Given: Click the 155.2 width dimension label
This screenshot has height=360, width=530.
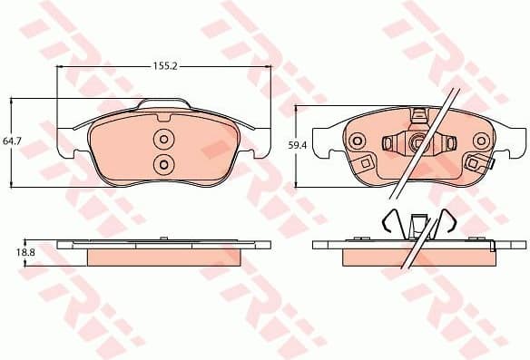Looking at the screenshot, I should pos(163,65).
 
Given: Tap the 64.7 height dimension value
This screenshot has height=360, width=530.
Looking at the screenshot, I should pos(12,141).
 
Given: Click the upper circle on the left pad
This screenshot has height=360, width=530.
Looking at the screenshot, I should pos(163,140).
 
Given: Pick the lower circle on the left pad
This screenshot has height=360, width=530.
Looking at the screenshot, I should pos(163,163).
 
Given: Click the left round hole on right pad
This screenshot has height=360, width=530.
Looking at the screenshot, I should pos(357,141).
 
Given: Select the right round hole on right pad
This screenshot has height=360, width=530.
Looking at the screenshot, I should pos(479,141).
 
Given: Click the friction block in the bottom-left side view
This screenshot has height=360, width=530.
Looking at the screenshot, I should pos(163,258).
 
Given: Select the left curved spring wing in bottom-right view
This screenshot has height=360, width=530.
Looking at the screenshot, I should pos(388,221).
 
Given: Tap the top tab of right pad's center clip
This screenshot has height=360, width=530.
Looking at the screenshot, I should pos(418,114).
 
